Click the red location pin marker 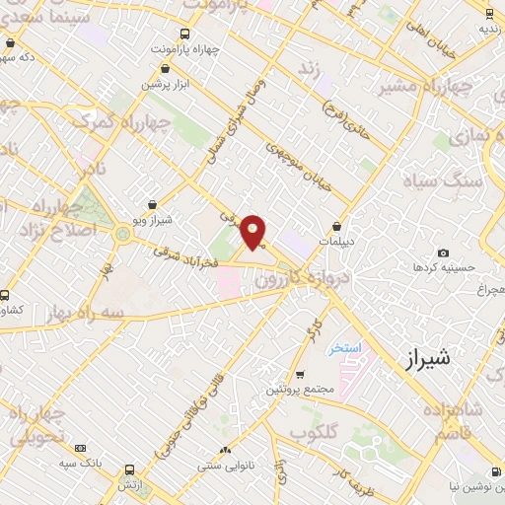(253, 232)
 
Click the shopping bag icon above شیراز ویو (153, 204)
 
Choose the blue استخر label (345, 349)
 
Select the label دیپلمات (337, 240)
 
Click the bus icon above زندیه (490, 13)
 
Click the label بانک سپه (79, 462)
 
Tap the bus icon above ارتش (129, 470)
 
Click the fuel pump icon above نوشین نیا (493, 472)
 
